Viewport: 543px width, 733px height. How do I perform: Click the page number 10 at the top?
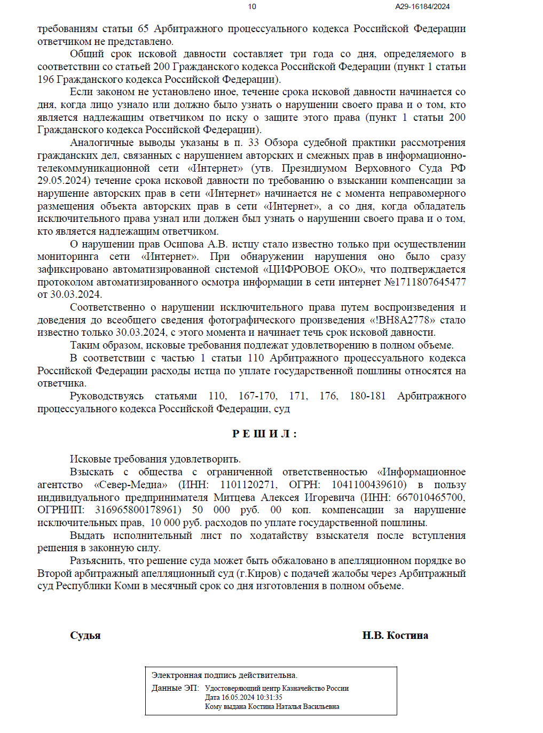point(252,6)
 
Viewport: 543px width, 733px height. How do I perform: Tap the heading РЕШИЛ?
point(264,434)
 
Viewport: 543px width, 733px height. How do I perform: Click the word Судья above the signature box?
point(85,636)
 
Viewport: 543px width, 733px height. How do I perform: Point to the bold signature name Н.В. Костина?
point(395,636)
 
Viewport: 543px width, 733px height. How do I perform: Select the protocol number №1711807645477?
point(425,282)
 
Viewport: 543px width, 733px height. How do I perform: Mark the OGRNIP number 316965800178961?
point(138,510)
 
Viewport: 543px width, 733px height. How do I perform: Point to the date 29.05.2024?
point(64,181)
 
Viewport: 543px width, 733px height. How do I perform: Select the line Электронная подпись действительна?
point(224,675)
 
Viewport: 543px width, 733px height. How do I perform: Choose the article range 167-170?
point(257,396)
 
